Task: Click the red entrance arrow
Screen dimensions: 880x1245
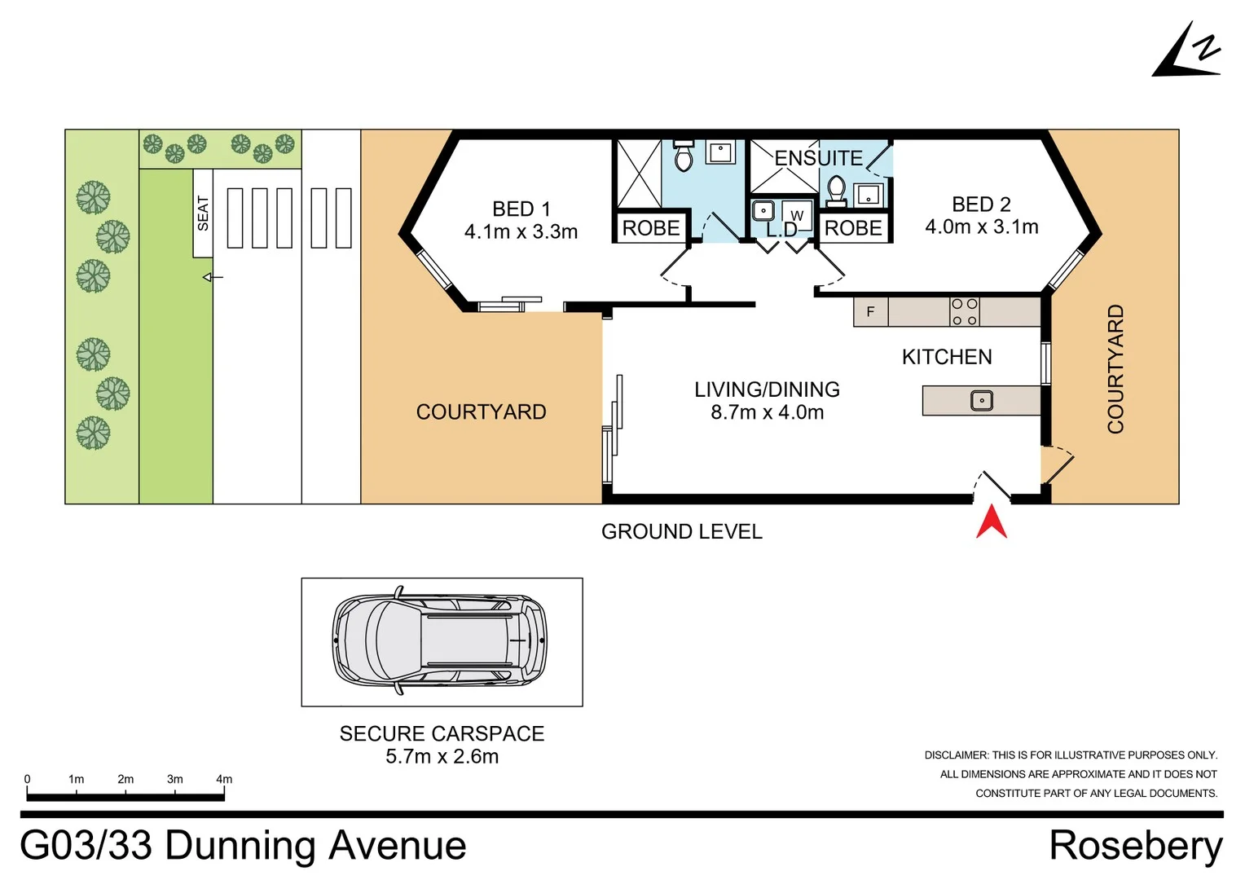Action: pyautogui.click(x=992, y=522)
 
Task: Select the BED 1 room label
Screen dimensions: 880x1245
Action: pyautogui.click(x=521, y=209)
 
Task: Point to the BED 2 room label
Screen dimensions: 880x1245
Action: pyautogui.click(x=981, y=205)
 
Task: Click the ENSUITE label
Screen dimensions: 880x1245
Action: pyautogui.click(x=818, y=158)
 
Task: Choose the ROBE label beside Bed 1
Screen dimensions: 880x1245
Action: pyautogui.click(x=651, y=228)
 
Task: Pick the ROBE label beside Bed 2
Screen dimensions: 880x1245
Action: pyautogui.click(x=853, y=228)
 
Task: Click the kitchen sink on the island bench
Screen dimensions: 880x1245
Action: pyautogui.click(x=982, y=401)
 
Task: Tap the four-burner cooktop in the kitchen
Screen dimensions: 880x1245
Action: pyautogui.click(x=965, y=312)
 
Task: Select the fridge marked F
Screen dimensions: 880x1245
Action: pyautogui.click(x=870, y=312)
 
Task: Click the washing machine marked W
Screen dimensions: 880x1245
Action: pyautogui.click(x=797, y=215)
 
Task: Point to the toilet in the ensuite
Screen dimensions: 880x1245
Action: pyautogui.click(x=836, y=191)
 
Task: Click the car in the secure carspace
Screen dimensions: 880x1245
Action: pyautogui.click(x=440, y=640)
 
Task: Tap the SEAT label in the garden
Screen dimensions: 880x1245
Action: pyautogui.click(x=203, y=213)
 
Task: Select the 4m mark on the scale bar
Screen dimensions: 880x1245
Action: pyautogui.click(x=224, y=780)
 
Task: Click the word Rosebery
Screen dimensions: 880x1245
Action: pyautogui.click(x=1135, y=846)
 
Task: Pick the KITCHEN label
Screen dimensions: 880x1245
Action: pyautogui.click(x=947, y=357)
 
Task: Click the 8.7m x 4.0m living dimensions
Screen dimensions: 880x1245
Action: pyautogui.click(x=767, y=412)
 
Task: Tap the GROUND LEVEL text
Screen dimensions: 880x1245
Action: pyautogui.click(x=681, y=532)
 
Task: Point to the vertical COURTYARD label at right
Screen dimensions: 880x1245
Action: pyautogui.click(x=1115, y=369)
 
